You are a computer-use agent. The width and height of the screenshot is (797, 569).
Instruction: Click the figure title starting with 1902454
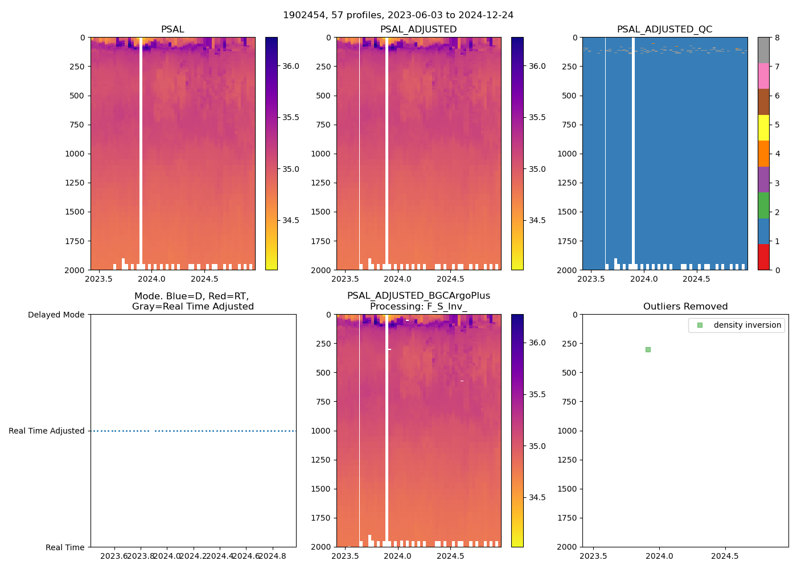pyautogui.click(x=398, y=15)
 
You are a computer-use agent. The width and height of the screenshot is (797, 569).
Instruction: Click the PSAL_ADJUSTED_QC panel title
pyautogui.click(x=664, y=30)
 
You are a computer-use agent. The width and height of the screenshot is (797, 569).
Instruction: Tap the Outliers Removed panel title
pyautogui.click(x=685, y=307)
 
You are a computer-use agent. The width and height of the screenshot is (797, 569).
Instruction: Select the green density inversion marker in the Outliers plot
pyautogui.click(x=648, y=349)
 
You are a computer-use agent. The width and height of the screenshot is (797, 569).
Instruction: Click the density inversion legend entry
pyautogui.click(x=747, y=325)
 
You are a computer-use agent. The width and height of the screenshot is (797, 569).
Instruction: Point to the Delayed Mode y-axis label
pyautogui.click(x=56, y=315)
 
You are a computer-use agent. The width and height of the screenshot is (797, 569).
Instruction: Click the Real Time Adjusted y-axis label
pyautogui.click(x=47, y=431)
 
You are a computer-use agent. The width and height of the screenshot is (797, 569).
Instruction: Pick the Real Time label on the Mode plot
pyautogui.click(x=65, y=547)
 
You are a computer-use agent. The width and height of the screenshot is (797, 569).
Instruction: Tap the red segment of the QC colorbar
pyautogui.click(x=763, y=257)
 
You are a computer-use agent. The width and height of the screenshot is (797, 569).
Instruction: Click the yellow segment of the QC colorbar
pyautogui.click(x=763, y=127)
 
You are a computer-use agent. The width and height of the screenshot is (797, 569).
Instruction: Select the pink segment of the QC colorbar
pyautogui.click(x=763, y=76)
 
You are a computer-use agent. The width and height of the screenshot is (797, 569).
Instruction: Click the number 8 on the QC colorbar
pyautogui.click(x=777, y=38)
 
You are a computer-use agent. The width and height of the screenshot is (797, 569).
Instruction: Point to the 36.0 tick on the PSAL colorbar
pyautogui.click(x=291, y=66)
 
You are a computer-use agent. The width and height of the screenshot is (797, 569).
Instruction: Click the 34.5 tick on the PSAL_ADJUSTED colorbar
pyautogui.click(x=537, y=220)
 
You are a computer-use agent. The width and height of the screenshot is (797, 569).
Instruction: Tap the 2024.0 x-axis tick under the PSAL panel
pyautogui.click(x=151, y=279)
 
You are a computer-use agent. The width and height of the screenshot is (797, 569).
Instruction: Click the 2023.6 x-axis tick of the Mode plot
pyautogui.click(x=115, y=556)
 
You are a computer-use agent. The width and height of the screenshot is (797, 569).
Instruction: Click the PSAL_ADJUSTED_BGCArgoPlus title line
pyautogui.click(x=418, y=296)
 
